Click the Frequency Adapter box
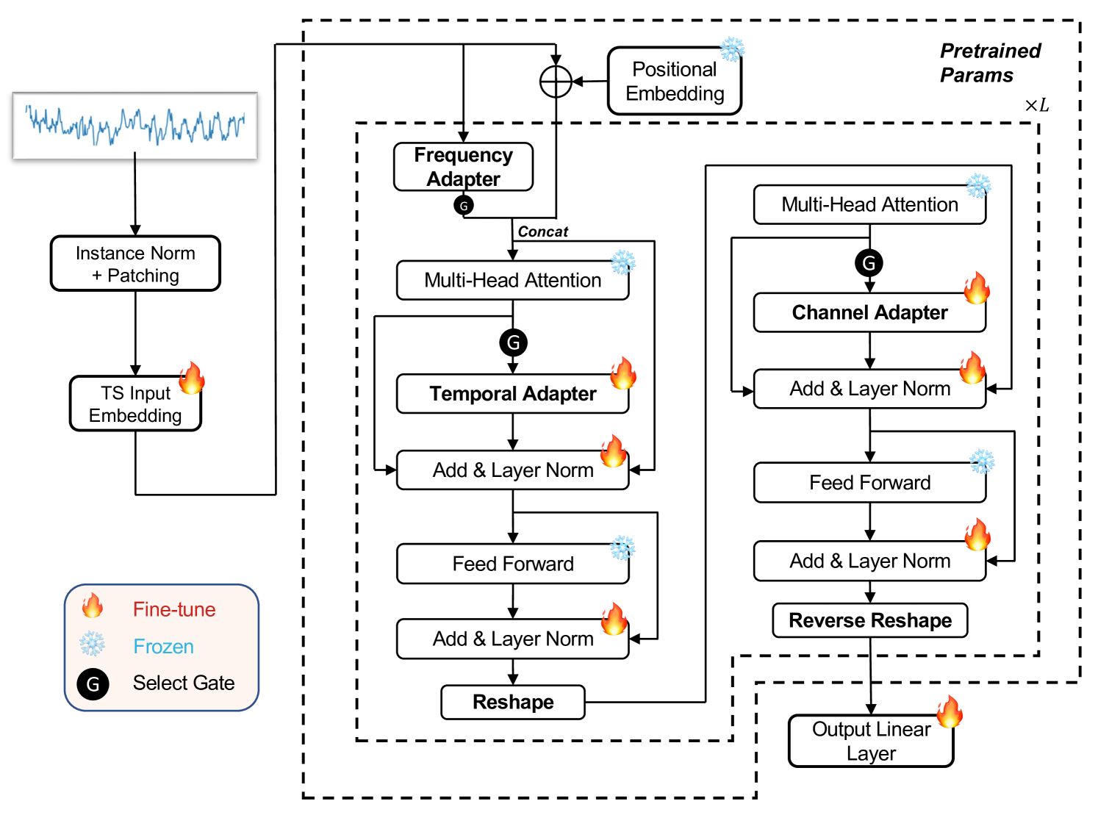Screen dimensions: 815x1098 (463, 167)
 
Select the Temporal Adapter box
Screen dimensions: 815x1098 (512, 394)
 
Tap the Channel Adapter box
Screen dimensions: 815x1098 (869, 313)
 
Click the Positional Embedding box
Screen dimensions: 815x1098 (674, 81)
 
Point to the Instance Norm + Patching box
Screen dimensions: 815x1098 (135, 264)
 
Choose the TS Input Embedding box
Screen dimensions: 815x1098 (135, 403)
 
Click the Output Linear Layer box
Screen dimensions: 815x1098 (871, 741)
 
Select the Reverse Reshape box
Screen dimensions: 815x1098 (869, 621)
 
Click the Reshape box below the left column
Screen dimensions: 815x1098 (512, 703)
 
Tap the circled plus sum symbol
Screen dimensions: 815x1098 (556, 82)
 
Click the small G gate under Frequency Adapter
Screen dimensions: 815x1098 (464, 206)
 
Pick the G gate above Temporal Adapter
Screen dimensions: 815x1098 (513, 342)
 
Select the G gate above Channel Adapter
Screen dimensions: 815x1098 (869, 263)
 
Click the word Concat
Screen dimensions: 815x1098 (542, 232)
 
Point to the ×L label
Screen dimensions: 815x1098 (1036, 105)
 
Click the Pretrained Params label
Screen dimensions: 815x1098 (989, 63)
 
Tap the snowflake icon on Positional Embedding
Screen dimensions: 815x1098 (731, 50)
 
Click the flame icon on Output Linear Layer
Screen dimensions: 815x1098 (950, 711)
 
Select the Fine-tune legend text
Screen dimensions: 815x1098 (174, 610)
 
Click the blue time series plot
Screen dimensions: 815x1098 (135, 125)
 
